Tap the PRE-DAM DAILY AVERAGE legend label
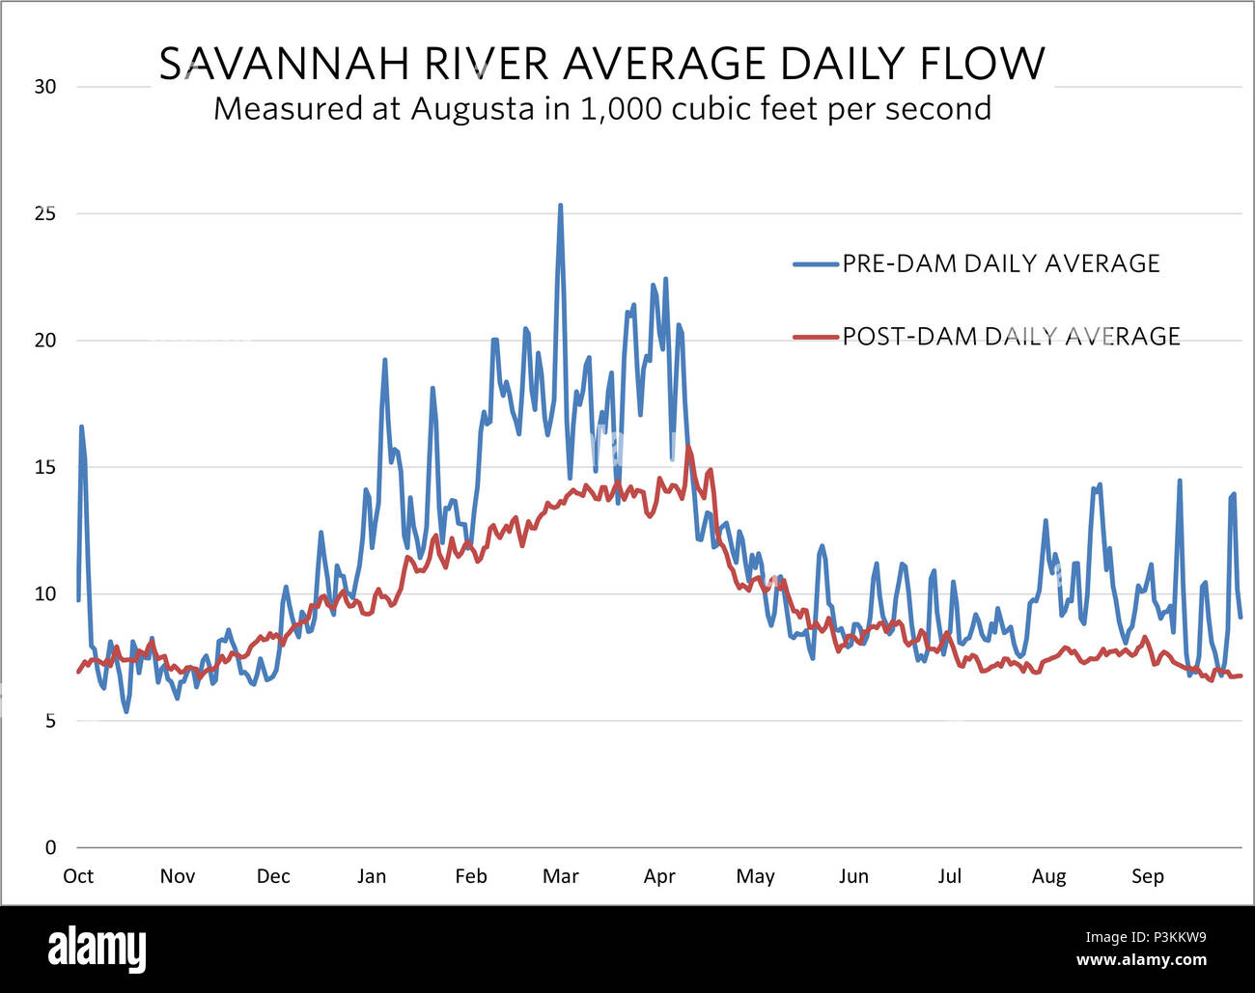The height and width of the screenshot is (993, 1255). click(x=1000, y=263)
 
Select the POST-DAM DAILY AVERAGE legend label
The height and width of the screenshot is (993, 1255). click(x=1011, y=336)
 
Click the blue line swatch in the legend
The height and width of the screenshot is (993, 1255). click(x=815, y=263)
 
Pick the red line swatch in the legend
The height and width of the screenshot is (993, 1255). click(x=815, y=337)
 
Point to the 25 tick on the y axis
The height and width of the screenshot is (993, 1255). click(x=45, y=213)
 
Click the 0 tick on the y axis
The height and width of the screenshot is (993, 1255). click(x=51, y=847)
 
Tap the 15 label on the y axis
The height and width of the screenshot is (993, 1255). click(x=45, y=467)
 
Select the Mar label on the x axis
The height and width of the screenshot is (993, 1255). click(x=560, y=876)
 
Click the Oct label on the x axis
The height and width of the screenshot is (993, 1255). click(x=78, y=876)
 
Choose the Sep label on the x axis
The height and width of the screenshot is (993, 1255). click(x=1147, y=876)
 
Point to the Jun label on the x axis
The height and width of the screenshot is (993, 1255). click(x=853, y=876)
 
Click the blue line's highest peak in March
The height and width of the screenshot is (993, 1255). click(x=560, y=206)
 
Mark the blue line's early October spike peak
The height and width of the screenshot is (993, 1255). click(x=81, y=426)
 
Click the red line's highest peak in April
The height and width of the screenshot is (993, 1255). click(x=688, y=446)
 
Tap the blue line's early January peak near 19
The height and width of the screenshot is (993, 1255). click(x=384, y=360)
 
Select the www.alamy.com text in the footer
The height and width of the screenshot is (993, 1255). click(x=1141, y=960)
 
